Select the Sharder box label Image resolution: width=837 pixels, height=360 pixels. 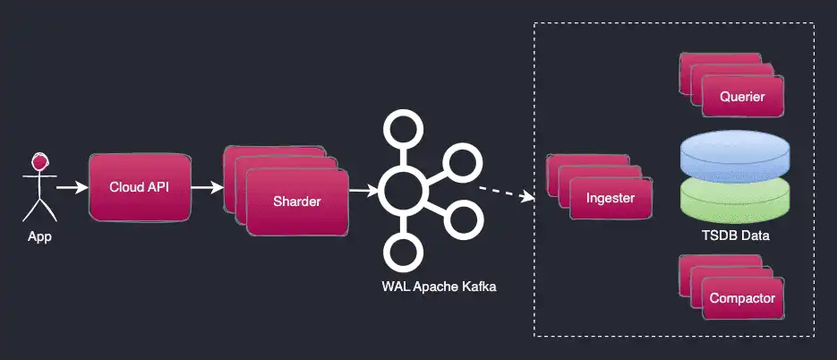[x=296, y=201]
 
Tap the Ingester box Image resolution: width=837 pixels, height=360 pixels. [x=610, y=198]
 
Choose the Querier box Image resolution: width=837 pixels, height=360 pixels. [x=742, y=97]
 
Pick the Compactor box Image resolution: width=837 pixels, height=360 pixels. [x=742, y=298]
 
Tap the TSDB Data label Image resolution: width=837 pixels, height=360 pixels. [x=736, y=236]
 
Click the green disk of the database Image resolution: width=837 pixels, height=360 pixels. [x=736, y=199]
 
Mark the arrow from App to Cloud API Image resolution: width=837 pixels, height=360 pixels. [x=72, y=188]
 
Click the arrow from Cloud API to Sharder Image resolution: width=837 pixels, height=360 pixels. [x=207, y=188]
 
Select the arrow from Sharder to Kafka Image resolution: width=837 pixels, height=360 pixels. [x=363, y=190]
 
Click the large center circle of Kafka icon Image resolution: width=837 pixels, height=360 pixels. [x=399, y=189]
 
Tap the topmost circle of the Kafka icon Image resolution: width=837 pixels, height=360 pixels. [x=399, y=127]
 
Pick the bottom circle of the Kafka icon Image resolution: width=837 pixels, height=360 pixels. [x=400, y=252]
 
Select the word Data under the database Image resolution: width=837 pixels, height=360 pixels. [x=756, y=236]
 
